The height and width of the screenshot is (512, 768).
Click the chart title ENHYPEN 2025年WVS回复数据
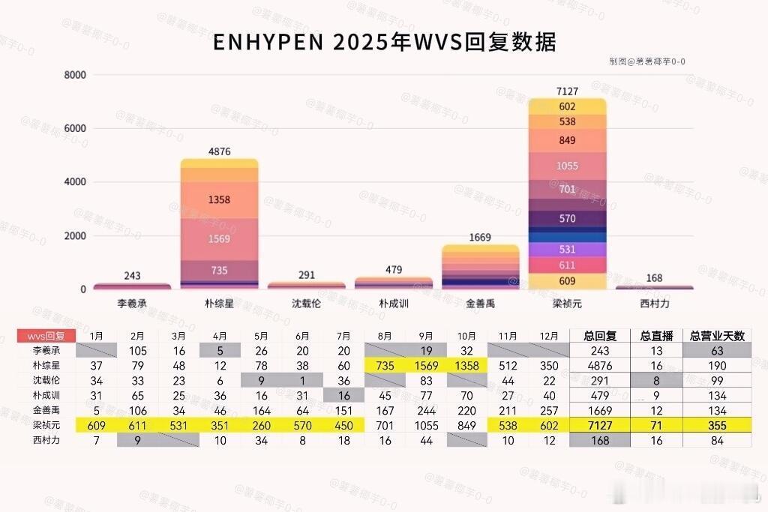[x=384, y=43]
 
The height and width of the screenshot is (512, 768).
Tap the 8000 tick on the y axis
[x=76, y=75]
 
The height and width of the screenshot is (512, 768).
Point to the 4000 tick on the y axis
[x=76, y=182]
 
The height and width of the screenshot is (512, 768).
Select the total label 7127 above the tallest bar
[x=567, y=91]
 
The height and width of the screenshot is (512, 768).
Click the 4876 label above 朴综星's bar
[x=219, y=151]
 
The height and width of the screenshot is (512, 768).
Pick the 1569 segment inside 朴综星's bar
[x=219, y=239]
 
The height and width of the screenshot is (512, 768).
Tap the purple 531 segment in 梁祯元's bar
[x=567, y=250]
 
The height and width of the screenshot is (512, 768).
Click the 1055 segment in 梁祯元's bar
[x=567, y=166]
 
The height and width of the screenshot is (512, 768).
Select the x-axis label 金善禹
[x=480, y=304]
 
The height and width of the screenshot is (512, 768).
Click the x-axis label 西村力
[x=654, y=304]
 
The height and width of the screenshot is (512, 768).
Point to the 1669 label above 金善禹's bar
[x=480, y=238]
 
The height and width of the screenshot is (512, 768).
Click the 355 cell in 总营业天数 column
[x=717, y=425]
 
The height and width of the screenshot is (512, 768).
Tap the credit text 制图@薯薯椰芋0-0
[x=646, y=62]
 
